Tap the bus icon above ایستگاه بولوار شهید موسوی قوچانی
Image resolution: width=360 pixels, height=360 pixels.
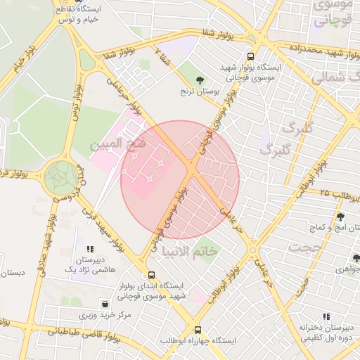[x=251, y=57]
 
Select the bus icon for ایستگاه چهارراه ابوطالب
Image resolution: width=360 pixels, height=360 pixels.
[x=198, y=329]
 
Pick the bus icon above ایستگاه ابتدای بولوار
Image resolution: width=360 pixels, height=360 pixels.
[x=151, y=276]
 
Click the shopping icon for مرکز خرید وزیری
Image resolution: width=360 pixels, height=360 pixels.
[x=105, y=304]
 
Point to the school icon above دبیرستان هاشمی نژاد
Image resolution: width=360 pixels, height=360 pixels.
[x=89, y=249]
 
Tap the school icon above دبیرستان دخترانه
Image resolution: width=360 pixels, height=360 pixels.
[x=304, y=316]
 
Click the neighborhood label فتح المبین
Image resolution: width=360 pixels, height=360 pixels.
[x=118, y=144]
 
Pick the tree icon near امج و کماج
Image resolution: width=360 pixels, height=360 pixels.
[x=340, y=217]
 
